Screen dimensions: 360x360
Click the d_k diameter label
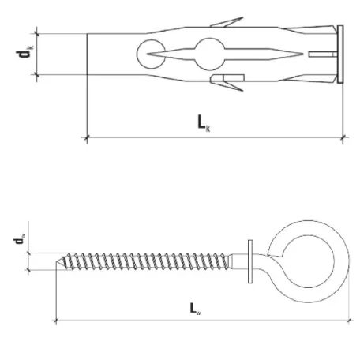(x=21, y=54)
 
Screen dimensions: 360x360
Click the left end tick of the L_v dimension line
(x=55, y=320)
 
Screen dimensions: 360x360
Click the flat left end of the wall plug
(x=86, y=54)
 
